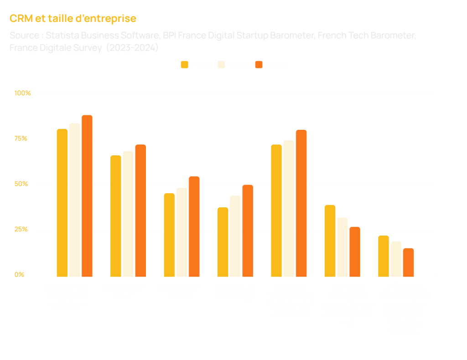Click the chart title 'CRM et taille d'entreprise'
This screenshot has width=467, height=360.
click(x=73, y=19)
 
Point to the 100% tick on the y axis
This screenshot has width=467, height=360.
click(x=22, y=93)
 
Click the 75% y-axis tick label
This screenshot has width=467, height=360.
click(x=21, y=139)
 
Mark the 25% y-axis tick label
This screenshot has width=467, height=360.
click(x=21, y=230)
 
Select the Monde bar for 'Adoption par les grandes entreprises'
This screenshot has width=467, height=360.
click(x=87, y=196)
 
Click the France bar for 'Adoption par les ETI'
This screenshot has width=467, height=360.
click(x=116, y=216)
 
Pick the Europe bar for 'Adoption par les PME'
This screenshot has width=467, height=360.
click(x=182, y=232)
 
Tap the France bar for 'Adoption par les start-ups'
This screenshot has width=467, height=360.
click(x=223, y=242)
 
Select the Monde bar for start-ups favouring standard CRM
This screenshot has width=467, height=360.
click(x=301, y=203)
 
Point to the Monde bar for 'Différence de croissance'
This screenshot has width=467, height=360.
click(x=408, y=262)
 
